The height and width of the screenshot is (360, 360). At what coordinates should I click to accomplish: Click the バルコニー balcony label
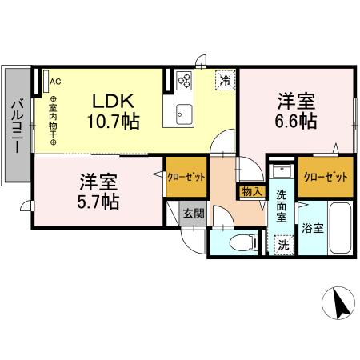click(x=15, y=124)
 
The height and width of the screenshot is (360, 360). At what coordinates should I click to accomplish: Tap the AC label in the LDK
click(x=54, y=81)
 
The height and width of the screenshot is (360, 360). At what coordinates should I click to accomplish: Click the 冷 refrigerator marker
click(x=226, y=80)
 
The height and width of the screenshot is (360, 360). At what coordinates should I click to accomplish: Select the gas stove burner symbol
click(x=183, y=81)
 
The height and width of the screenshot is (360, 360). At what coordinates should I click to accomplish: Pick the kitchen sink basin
click(x=183, y=110)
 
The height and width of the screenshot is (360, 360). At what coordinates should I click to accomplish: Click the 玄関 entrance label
click(x=192, y=214)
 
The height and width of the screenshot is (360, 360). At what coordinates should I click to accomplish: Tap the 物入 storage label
click(x=251, y=192)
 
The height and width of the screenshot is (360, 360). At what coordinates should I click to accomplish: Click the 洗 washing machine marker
click(x=282, y=246)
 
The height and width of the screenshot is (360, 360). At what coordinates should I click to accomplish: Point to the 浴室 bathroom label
click(x=314, y=226)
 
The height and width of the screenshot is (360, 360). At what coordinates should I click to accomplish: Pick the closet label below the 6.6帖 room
click(x=326, y=176)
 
